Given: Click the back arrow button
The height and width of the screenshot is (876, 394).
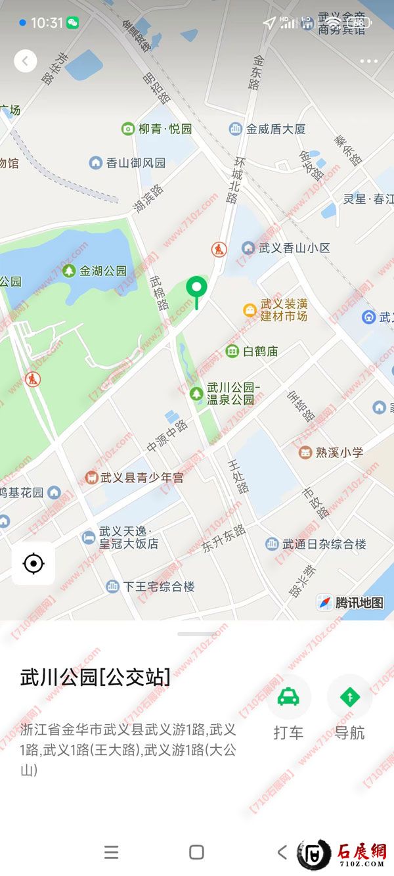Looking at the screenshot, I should (26, 61).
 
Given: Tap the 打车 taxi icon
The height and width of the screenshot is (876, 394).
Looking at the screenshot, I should (288, 697).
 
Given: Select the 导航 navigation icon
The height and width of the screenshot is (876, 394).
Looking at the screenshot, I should (349, 697).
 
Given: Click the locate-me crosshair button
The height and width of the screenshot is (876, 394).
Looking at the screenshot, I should (33, 563).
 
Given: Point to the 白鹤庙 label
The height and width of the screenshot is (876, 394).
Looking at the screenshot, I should (260, 352).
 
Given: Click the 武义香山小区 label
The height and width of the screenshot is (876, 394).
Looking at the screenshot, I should (294, 248).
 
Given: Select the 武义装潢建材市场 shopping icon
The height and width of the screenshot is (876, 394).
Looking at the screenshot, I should (250, 310).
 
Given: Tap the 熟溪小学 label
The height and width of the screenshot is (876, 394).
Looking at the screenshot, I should (339, 452).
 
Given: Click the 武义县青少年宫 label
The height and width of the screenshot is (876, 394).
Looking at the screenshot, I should (142, 478).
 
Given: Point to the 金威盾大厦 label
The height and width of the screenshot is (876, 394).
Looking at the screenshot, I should (276, 129).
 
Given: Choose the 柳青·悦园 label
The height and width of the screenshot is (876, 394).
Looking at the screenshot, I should (165, 129).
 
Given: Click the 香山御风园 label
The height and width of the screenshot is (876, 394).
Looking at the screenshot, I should (136, 162).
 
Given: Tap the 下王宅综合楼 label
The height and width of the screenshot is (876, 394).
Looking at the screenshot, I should (159, 586).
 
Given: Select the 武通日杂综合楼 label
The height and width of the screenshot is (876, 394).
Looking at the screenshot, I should (324, 544).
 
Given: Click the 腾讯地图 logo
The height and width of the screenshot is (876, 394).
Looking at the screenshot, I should (351, 603).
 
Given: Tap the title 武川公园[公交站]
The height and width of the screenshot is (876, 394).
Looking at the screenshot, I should (95, 678).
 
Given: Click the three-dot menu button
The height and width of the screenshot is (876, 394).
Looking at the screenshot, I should (368, 61).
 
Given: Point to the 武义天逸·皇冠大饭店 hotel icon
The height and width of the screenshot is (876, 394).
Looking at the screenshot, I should (89, 538).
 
